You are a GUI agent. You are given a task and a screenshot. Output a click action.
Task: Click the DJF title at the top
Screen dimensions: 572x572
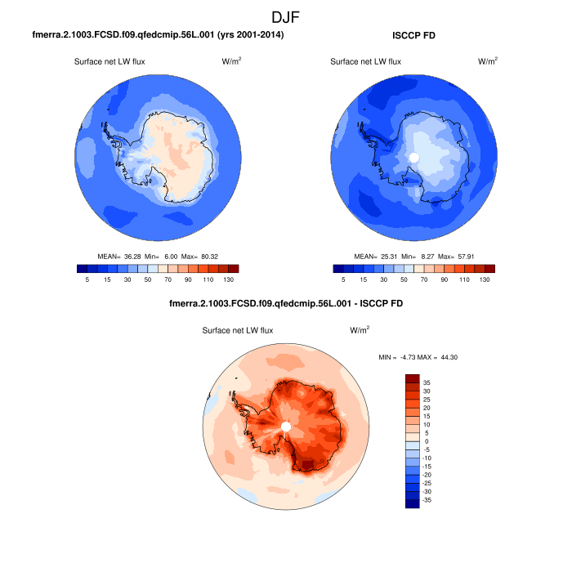click(286, 16)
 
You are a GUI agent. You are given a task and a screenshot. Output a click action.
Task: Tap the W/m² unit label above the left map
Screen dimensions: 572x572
click(231, 61)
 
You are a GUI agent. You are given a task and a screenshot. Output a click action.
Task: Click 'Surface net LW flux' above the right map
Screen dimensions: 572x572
click(365, 61)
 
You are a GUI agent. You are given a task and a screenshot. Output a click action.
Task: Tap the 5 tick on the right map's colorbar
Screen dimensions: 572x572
click(343, 279)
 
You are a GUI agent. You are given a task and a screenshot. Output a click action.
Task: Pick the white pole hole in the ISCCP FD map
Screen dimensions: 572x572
click(414, 157)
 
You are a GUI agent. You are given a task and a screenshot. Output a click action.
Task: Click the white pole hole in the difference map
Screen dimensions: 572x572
click(285, 427)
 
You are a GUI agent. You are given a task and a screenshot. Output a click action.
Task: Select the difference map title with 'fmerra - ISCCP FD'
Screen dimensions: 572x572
click(285, 303)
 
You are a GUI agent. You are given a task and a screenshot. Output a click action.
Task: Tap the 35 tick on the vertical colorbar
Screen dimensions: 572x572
click(427, 382)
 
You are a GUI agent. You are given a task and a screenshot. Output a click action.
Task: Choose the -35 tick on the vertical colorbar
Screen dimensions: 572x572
click(426, 499)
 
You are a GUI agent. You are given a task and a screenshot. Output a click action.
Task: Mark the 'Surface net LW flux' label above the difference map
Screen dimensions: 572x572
click(238, 330)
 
